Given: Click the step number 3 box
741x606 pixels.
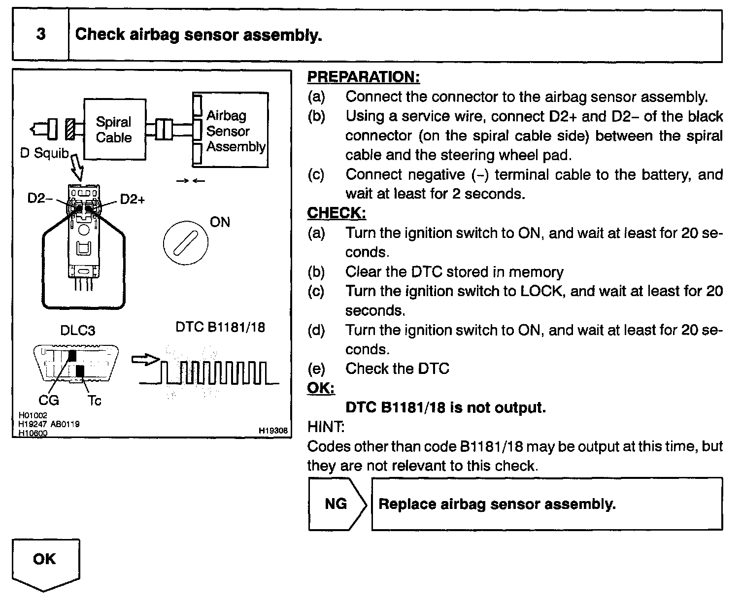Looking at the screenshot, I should click(x=40, y=34).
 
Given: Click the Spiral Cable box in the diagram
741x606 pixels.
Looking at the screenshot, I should click(x=114, y=129).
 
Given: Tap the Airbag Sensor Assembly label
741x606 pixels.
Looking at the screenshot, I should click(x=235, y=131).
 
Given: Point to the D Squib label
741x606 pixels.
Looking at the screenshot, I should click(x=44, y=153).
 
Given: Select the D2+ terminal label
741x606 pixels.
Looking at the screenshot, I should click(x=132, y=199).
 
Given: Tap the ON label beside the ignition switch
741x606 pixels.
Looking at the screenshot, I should click(x=220, y=222).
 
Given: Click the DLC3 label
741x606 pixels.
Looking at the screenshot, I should click(x=77, y=330).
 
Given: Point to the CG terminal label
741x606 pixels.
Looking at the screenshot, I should click(x=48, y=400).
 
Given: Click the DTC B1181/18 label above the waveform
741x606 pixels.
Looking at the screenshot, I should click(x=220, y=328).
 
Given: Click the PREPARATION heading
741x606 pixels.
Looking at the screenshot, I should click(x=364, y=77).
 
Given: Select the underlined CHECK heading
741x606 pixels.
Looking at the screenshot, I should click(x=337, y=213).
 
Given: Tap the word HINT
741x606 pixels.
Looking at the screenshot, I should click(x=325, y=426).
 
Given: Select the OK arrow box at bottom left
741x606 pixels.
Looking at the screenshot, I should click(x=45, y=562).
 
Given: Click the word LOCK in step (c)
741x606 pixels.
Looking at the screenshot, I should click(x=540, y=291).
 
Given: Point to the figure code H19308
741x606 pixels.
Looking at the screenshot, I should click(x=273, y=430).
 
